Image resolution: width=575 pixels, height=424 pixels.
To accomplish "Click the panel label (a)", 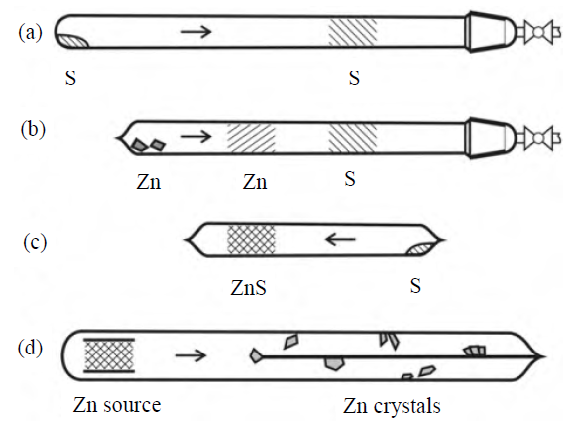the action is pos(31,33).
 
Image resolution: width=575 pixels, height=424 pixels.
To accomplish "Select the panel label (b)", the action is pos(33,130).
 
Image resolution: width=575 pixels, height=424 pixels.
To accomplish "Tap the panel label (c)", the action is pos(35,242).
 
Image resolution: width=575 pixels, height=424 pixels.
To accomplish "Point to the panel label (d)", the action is pos(30,348).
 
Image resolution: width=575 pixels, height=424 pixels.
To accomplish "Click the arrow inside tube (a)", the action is pos(196,31).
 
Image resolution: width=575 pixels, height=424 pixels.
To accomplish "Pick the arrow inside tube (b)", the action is pos(196,137).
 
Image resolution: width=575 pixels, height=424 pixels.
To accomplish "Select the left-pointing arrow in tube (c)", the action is pos(340,240).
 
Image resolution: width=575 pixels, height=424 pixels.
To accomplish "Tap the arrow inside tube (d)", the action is pos(190,355).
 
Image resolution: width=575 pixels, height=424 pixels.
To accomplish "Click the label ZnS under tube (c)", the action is pos(248,288).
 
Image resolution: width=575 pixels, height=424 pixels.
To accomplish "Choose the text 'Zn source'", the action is pos(117,405).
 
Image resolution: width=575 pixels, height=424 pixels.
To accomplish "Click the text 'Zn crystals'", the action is pos(392,407).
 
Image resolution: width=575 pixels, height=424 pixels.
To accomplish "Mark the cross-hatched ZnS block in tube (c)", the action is pos(251,240).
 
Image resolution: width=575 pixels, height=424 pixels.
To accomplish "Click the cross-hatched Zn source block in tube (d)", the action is pos(109,355).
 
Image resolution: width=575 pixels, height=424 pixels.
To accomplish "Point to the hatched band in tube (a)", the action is pos(352,32).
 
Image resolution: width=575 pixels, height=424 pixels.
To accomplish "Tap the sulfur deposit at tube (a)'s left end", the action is pos(73,41).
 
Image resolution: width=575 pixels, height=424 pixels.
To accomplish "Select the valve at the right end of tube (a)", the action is pos(539,32).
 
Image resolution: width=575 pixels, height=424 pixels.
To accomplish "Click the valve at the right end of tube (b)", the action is pos(539,138).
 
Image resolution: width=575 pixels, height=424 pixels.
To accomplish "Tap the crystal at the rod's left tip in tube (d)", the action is pos(255,356).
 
